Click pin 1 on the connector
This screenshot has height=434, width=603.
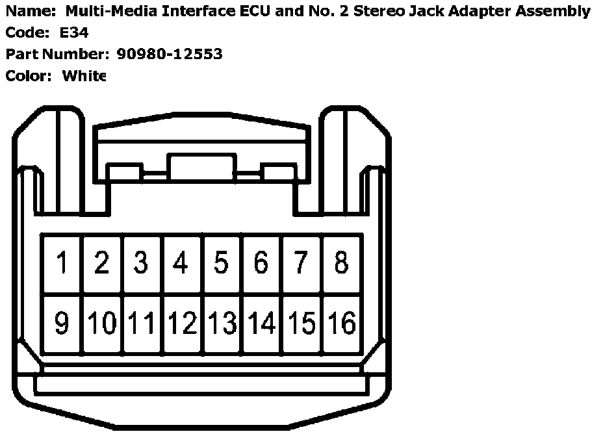[x=62, y=263]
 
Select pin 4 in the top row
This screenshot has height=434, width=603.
[x=181, y=263]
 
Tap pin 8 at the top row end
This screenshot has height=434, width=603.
[x=341, y=263]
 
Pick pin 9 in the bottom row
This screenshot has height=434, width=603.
[x=62, y=323]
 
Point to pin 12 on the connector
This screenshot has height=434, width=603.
[x=182, y=323]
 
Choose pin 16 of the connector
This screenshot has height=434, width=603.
[x=342, y=323]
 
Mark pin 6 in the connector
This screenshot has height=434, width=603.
[x=261, y=263]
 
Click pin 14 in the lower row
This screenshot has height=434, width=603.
[x=262, y=323]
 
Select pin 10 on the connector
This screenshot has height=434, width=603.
[x=101, y=323]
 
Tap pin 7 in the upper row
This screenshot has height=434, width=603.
[x=301, y=263]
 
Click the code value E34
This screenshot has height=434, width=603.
[x=73, y=32]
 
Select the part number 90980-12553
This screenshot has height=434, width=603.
[x=170, y=54]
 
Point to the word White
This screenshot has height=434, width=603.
[x=84, y=76]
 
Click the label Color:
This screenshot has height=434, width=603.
[x=28, y=76]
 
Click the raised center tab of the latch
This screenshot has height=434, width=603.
[x=201, y=166]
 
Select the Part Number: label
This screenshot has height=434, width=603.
[x=57, y=54]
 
